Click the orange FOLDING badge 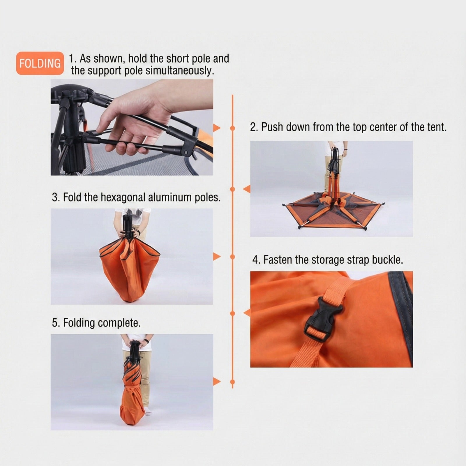click(x=40, y=63)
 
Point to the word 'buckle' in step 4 click(x=387, y=260)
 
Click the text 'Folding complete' click(x=102, y=323)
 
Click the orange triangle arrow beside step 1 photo click(x=217, y=128)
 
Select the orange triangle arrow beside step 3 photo click(x=217, y=257)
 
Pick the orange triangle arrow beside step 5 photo click(x=217, y=381)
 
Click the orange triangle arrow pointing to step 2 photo click(x=247, y=189)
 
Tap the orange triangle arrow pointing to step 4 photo click(x=247, y=313)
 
